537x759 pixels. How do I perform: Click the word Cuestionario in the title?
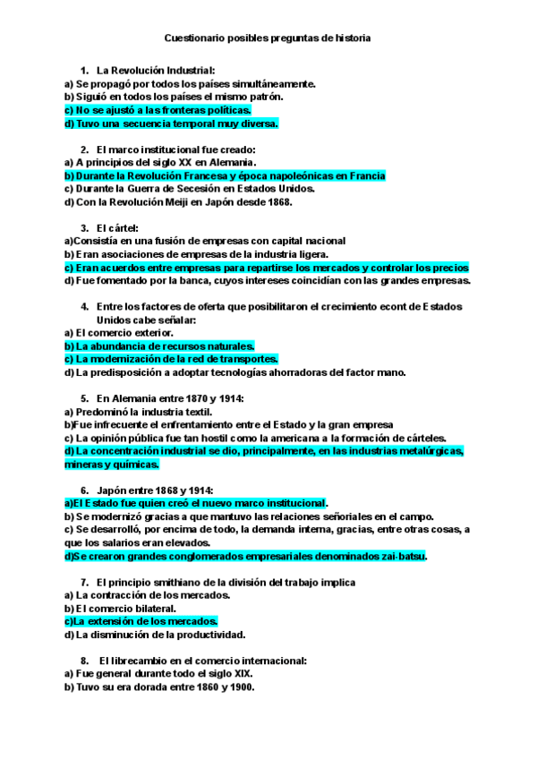(196, 38)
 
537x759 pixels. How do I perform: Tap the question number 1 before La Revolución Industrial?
(83, 70)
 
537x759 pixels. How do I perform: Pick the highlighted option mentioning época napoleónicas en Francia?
(224, 176)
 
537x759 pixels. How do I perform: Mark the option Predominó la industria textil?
(139, 412)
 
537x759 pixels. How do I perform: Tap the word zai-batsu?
(405, 556)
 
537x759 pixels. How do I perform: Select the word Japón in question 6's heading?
(111, 490)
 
